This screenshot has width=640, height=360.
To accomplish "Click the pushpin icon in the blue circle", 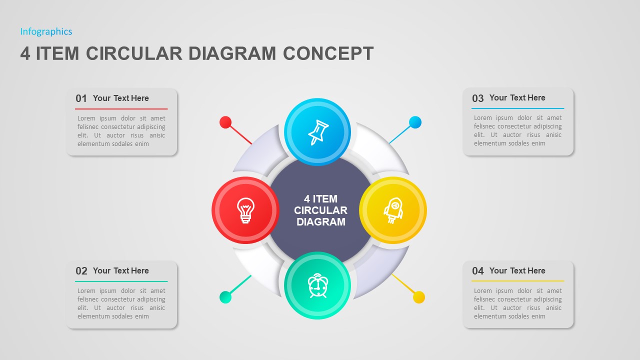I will [x=317, y=132].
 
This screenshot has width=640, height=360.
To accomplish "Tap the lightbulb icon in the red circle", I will [x=245, y=210].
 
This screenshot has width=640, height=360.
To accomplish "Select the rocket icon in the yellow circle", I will [x=393, y=210].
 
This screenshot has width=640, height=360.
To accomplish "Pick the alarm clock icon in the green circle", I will [x=317, y=285].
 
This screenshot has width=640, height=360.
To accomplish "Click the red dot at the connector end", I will [x=225, y=122].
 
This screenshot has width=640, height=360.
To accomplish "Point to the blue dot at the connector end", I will [x=415, y=122].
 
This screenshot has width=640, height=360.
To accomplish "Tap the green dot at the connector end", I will [x=225, y=297].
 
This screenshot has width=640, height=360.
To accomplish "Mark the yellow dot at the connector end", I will [x=419, y=297].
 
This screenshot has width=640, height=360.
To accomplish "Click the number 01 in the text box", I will [x=81, y=98].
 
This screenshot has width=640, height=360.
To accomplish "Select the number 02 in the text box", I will [x=81, y=271].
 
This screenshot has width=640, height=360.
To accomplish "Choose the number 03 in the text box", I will [x=478, y=98].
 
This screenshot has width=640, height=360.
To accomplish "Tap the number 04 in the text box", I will [x=478, y=271].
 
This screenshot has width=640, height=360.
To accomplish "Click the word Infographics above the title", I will [x=46, y=31].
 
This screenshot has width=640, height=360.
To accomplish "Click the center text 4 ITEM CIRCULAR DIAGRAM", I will [x=320, y=210].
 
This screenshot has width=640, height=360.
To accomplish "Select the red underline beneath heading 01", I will [x=121, y=108].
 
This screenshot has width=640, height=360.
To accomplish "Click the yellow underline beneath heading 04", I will [x=517, y=281].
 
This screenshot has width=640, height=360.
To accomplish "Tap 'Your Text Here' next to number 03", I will [x=517, y=98].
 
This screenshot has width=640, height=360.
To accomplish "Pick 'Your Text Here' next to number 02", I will [x=121, y=270].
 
